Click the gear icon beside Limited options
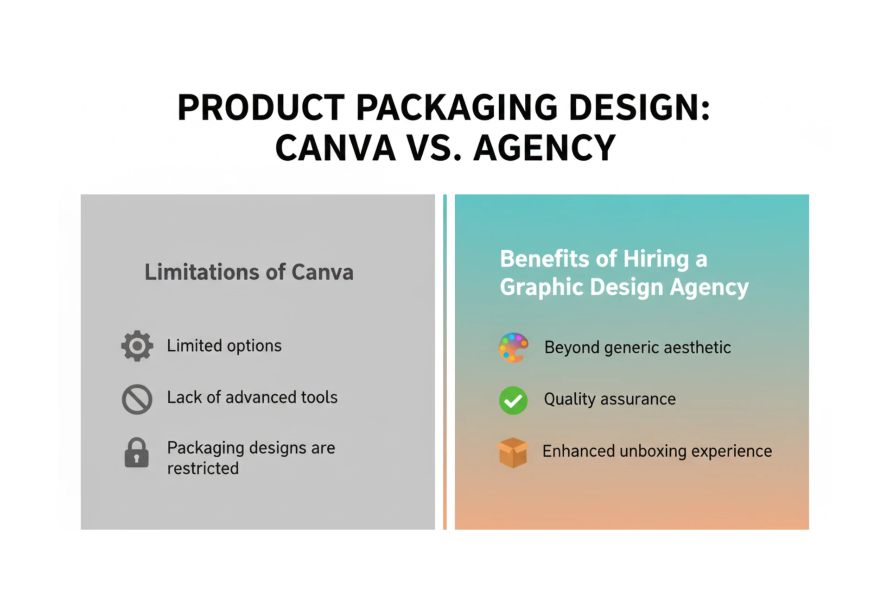[x=137, y=346]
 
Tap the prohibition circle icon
[x=137, y=399]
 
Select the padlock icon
[x=137, y=453]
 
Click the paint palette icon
[x=513, y=347]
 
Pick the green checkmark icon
[x=513, y=400]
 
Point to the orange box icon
[x=513, y=452]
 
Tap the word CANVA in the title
[x=335, y=148]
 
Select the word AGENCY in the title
[x=545, y=148]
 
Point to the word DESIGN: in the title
[x=639, y=108]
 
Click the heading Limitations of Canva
[x=249, y=272]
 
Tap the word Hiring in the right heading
[x=656, y=259]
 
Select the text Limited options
[x=224, y=346]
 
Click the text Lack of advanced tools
[x=252, y=397]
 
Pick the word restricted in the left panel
[x=203, y=468]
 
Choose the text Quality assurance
[x=610, y=399]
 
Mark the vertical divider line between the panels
[x=445, y=362]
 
